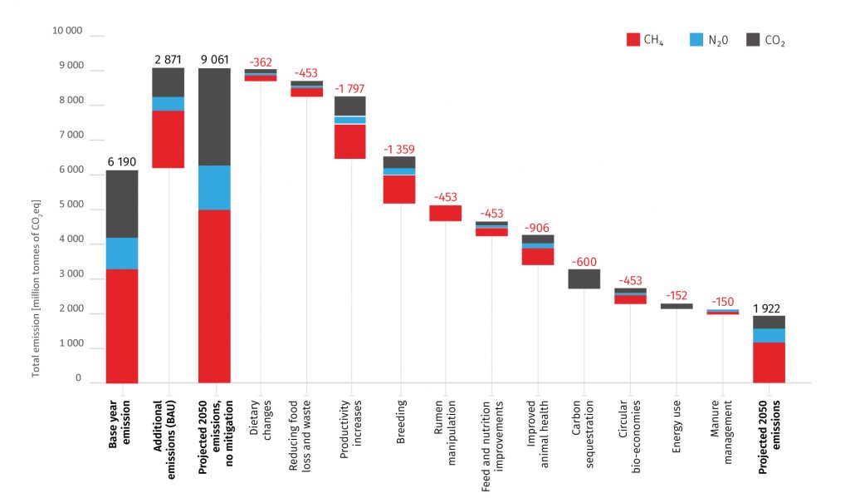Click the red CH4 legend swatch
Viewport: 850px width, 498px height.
pos(633,39)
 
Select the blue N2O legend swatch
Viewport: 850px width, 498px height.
pos(696,39)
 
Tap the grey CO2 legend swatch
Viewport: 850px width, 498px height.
pos(754,39)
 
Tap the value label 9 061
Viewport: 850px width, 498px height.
pos(214,59)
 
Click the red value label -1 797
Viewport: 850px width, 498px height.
pos(349,88)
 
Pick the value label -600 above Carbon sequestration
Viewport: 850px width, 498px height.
pos(584,260)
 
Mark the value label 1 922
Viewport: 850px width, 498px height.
pos(769,307)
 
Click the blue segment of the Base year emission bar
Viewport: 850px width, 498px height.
pos(122,254)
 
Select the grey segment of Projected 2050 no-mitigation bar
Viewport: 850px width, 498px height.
pos(214,116)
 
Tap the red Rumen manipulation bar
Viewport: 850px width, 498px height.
pos(445,213)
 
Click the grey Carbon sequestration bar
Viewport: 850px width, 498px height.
pos(584,279)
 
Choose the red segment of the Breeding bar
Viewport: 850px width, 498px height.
pos(399,190)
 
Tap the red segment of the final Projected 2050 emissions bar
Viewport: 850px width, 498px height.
pos(769,362)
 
